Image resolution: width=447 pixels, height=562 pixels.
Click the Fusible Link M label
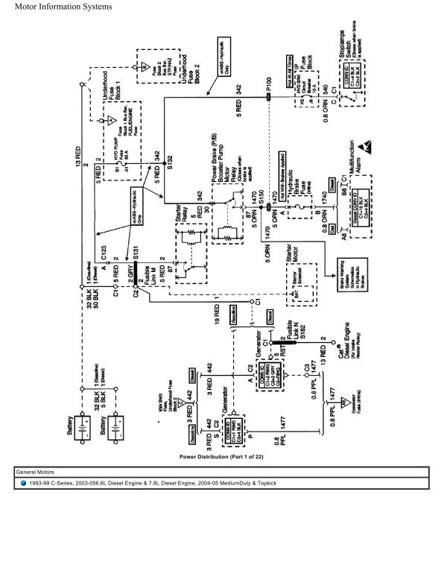pyautogui.click(x=159, y=265)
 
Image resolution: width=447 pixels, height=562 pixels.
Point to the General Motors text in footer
pyautogui.click(x=44, y=473)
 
